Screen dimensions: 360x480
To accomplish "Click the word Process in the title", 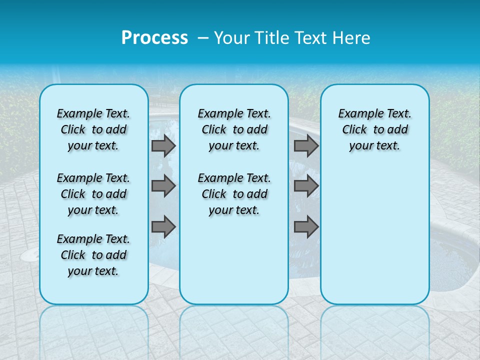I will click(x=154, y=38).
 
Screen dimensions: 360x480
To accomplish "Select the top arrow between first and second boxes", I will click(x=163, y=146).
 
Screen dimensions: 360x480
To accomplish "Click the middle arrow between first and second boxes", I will click(x=163, y=186).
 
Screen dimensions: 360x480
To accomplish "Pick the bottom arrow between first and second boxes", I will click(x=163, y=227).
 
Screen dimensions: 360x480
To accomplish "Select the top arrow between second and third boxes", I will click(x=306, y=146).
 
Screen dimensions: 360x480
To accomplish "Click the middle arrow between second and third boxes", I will click(x=306, y=186).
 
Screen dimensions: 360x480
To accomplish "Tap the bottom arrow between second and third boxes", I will click(x=306, y=227).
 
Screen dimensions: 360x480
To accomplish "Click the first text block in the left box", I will click(x=93, y=129).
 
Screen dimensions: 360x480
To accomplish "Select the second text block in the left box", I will click(x=93, y=194).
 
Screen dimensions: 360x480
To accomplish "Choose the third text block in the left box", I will click(x=93, y=255).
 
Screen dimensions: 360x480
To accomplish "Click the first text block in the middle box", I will click(x=234, y=129).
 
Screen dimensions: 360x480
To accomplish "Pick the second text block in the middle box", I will click(x=234, y=194).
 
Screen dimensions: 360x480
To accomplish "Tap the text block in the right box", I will click(x=374, y=129).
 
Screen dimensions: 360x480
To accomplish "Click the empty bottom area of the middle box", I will click(x=234, y=265).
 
